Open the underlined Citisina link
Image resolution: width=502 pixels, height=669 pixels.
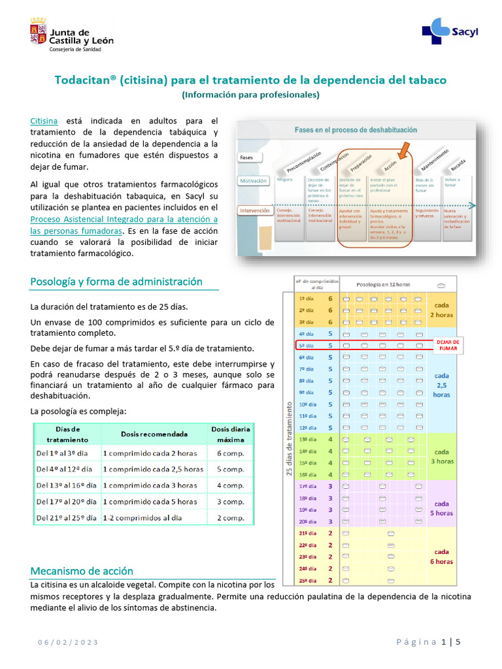[44, 121]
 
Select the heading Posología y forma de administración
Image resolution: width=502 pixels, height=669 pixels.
[116, 282]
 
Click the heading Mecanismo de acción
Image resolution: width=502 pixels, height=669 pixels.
[82, 571]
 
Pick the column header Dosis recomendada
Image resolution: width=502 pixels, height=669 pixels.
[154, 434]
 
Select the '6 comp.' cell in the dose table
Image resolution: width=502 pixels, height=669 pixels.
[230, 453]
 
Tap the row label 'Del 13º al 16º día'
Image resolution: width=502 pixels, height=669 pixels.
[67, 485]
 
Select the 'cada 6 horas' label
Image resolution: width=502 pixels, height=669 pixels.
[442, 556]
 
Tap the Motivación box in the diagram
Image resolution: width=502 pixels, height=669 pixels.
[254, 180]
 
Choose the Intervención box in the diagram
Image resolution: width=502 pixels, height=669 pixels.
[256, 211]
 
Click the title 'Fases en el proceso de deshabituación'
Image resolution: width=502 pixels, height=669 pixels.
[356, 130]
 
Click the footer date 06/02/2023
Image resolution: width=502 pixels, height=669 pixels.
[67, 642]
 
